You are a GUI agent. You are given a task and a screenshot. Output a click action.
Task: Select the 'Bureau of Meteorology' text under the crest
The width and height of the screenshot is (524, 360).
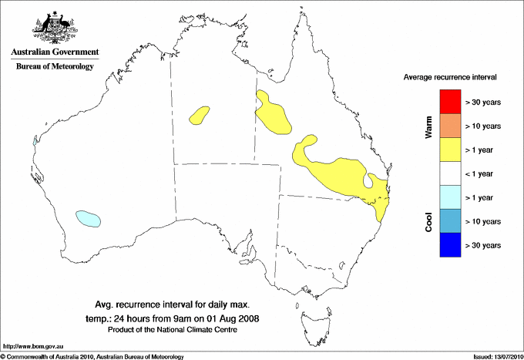(55, 66)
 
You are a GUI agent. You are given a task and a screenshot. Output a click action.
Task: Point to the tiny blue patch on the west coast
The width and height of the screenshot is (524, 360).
(35, 141)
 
